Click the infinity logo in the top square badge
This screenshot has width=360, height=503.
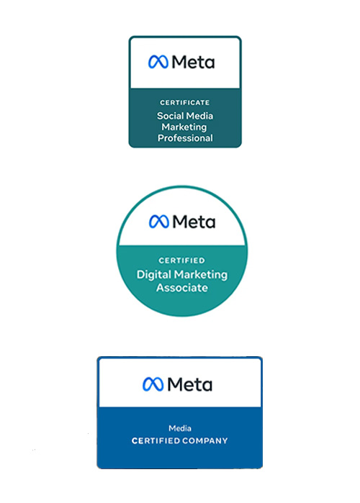click(158, 62)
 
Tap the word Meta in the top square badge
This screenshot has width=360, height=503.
click(193, 62)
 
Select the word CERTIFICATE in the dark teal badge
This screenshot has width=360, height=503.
click(185, 103)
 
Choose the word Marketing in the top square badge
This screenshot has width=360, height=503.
click(184, 127)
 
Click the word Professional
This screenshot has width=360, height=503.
click(185, 138)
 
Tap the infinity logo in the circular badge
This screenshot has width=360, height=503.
click(159, 222)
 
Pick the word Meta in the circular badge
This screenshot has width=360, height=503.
click(194, 222)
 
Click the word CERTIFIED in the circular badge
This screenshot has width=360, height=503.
click(181, 260)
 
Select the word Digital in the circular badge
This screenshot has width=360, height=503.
click(153, 275)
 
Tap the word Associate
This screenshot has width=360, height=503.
click(182, 288)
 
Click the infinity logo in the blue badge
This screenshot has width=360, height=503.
click(153, 384)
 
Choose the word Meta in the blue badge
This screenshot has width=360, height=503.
click(189, 384)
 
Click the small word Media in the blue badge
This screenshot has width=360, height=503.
click(180, 428)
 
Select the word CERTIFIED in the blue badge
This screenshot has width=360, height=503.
click(154, 441)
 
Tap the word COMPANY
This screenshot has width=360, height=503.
click(204, 441)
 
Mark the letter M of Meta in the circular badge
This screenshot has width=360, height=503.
click(179, 222)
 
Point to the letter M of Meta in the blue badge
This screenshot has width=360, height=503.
click(174, 384)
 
